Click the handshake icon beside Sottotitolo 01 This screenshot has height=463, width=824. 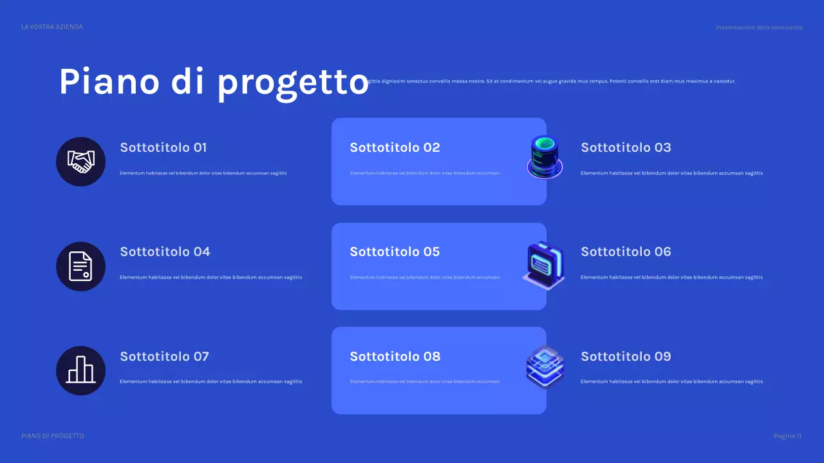80,161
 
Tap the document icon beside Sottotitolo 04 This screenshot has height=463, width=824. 80,266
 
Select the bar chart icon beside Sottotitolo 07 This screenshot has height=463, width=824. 80,370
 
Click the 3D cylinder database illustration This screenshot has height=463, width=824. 545,156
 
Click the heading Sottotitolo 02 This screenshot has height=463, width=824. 395,147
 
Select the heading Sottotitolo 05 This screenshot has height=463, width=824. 395,251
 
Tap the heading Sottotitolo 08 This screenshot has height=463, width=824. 395,356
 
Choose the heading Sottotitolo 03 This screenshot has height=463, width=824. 626,147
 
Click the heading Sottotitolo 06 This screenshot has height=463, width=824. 626,251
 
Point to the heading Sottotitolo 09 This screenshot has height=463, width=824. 626,356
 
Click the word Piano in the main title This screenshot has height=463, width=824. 109,82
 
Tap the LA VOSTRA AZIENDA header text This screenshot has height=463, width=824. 51,27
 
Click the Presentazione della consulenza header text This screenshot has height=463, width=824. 759,28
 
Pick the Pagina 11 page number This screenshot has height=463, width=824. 787,436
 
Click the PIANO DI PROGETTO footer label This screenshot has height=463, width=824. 52,436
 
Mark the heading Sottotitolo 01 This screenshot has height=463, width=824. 164,147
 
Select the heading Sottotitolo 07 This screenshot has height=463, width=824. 164,356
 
